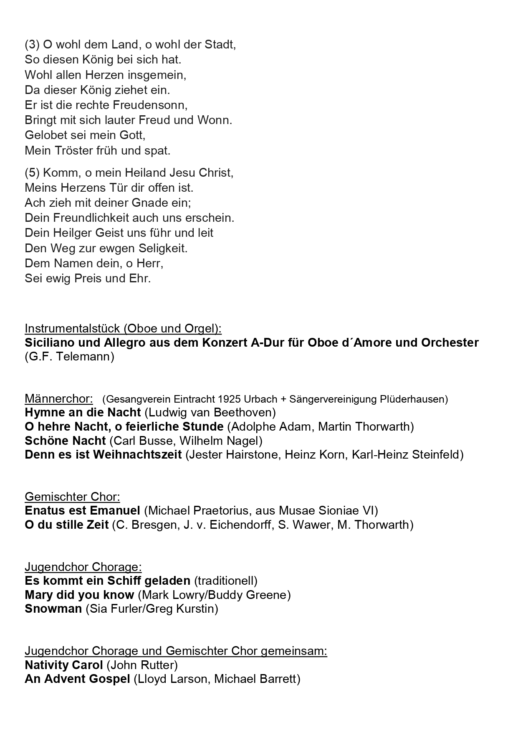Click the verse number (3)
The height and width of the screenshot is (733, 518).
tap(32, 45)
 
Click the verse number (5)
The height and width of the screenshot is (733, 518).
tap(32, 172)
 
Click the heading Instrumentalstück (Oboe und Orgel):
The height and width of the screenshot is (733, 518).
tap(123, 328)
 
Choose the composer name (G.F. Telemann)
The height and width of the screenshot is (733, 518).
tap(69, 357)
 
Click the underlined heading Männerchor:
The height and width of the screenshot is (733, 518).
tap(59, 398)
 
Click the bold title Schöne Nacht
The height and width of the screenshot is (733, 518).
tap(66, 441)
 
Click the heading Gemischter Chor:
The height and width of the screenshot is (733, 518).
tap(72, 497)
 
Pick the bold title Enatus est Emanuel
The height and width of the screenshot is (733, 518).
tap(83, 510)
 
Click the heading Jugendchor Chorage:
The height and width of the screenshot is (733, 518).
tap(83, 567)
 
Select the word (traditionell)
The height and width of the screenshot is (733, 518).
tap(226, 581)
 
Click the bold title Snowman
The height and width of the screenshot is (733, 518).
tap(53, 609)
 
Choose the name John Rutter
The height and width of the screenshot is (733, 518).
tap(142, 665)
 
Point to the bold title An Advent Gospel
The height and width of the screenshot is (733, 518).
tap(78, 679)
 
